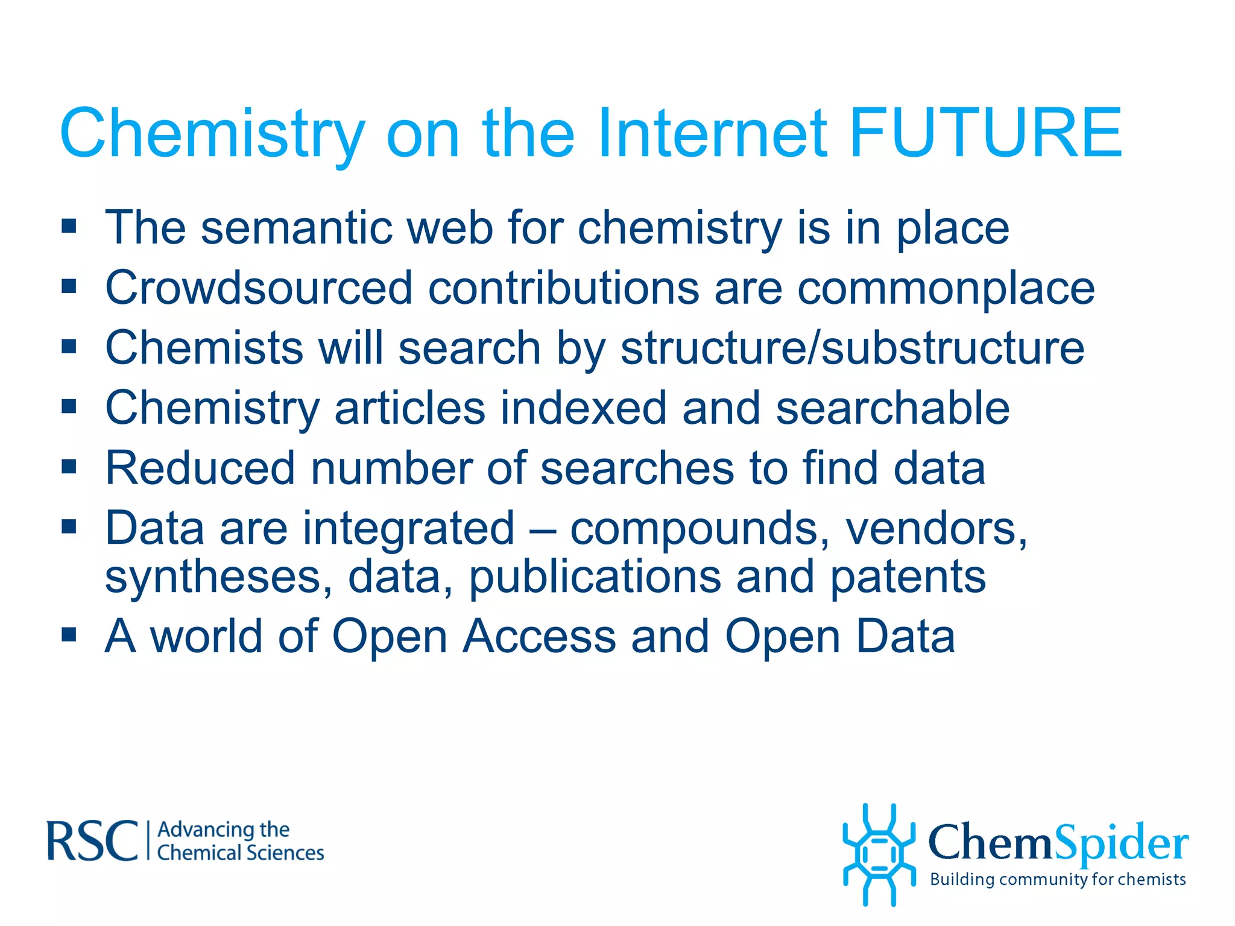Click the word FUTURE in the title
(x=985, y=133)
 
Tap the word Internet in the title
(x=712, y=133)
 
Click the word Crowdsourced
(x=259, y=288)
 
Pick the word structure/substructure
(x=852, y=348)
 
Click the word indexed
(x=583, y=408)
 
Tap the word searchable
(x=892, y=408)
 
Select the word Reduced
(x=200, y=468)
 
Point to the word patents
(x=908, y=578)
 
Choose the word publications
(x=595, y=578)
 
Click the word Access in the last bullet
(x=539, y=636)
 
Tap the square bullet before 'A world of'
(x=69, y=634)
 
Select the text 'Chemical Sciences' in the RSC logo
(x=241, y=853)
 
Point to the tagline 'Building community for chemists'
(x=1058, y=880)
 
